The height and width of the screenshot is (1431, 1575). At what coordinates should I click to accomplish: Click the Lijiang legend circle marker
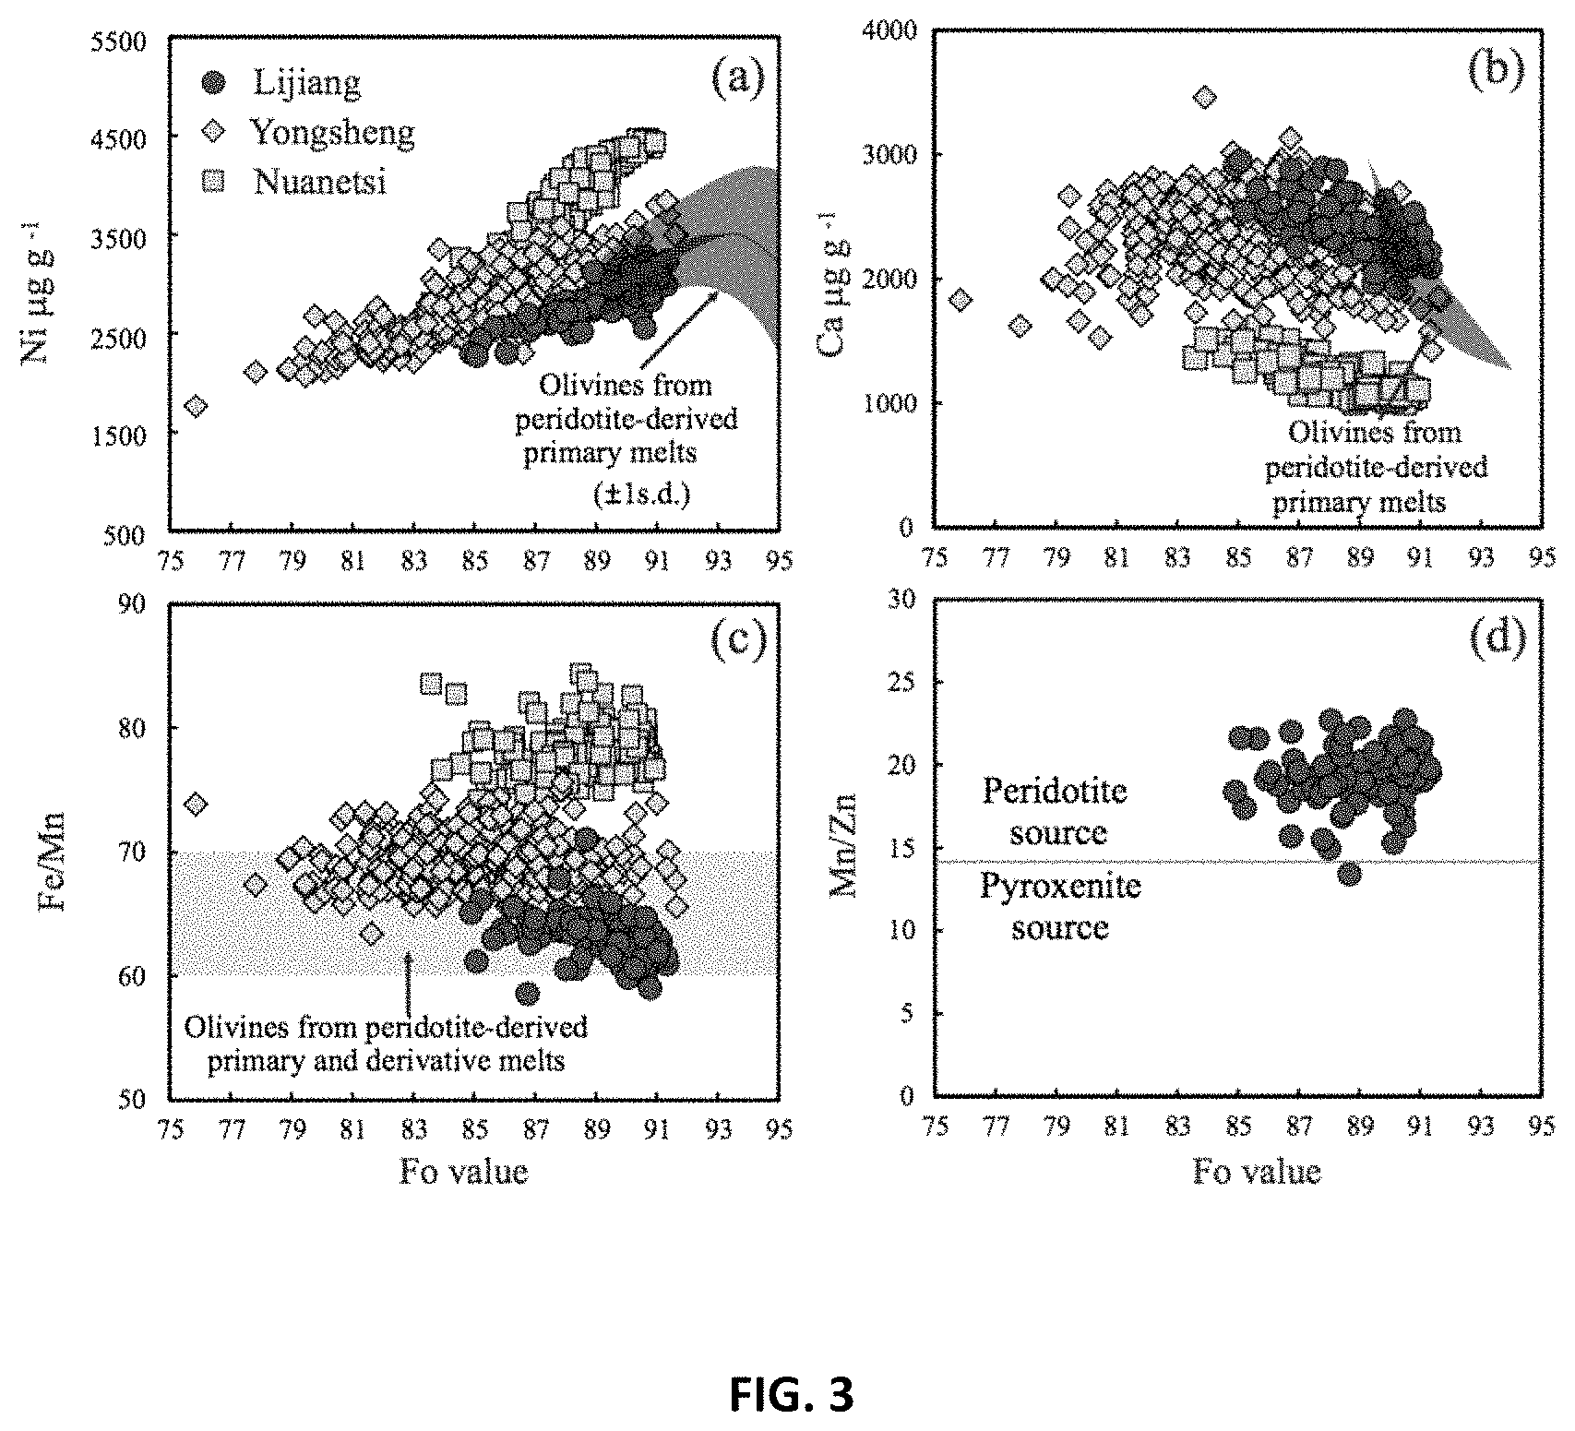214,83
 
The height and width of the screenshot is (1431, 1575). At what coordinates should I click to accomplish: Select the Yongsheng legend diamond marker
214,132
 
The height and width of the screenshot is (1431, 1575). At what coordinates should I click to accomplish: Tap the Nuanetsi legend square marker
214,182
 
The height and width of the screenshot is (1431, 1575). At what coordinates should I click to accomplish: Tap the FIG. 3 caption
792,1395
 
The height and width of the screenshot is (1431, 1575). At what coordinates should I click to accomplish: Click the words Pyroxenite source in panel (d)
1059,906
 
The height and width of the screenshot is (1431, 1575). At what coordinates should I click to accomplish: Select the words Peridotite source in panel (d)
1056,811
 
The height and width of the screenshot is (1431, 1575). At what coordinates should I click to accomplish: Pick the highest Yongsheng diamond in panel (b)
1204,97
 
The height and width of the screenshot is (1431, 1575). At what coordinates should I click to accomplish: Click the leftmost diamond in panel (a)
195,406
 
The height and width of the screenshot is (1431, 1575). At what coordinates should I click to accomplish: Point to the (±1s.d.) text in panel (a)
641,495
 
